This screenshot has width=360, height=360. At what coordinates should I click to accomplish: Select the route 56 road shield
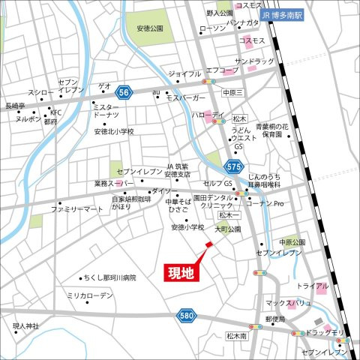point(124,91)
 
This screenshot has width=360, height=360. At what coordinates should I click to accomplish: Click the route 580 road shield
point(186,316)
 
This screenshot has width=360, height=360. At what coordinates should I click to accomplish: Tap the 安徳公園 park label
point(150,28)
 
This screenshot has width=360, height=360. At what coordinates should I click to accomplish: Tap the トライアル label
point(311,286)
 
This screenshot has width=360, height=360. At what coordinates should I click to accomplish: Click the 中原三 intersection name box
point(232,92)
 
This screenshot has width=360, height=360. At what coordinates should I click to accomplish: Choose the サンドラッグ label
point(255,60)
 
